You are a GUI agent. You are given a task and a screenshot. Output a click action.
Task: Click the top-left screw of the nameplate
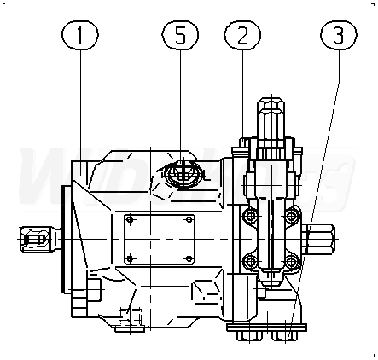[x=131, y=219]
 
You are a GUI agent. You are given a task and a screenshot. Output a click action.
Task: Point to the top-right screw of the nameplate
[x=189, y=219]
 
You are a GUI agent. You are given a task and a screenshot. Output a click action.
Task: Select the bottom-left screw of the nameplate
[x=130, y=258]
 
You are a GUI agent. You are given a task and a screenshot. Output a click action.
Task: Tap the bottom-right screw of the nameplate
[x=189, y=258]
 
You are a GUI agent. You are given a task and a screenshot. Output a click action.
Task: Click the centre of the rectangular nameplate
[x=160, y=239]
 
